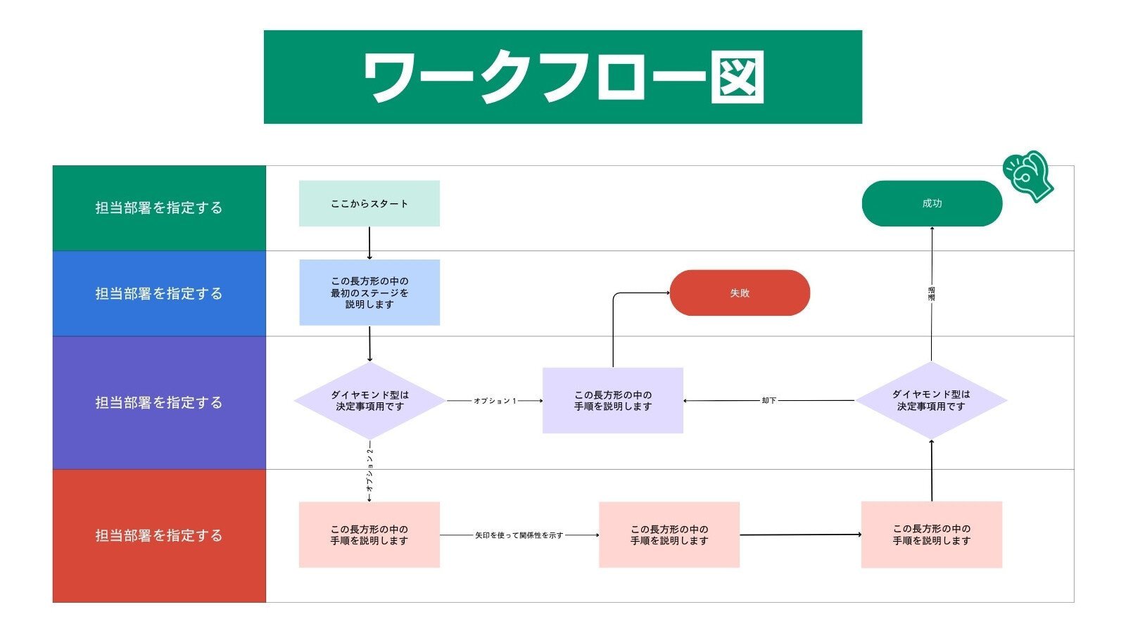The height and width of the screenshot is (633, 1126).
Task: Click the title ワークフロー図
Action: [562, 77]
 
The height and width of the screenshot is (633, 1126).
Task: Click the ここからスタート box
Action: [369, 203]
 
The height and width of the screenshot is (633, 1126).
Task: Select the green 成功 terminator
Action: [931, 203]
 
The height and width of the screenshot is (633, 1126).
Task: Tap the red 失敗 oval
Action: [739, 293]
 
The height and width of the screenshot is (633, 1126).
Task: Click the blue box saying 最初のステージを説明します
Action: [369, 293]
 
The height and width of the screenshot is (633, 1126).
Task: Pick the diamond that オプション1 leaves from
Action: [369, 400]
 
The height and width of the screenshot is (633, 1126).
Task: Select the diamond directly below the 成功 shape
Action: [930, 400]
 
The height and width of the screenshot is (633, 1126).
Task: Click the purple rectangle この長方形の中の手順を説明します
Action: [612, 400]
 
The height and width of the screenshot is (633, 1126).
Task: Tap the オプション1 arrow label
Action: [495, 401]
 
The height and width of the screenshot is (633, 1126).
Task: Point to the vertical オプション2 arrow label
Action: [369, 468]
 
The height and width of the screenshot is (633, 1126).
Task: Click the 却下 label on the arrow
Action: [768, 401]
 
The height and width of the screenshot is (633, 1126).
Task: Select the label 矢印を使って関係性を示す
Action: [519, 535]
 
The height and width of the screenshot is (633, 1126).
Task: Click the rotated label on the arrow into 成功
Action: [931, 294]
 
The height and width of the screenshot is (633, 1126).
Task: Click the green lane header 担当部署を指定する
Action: [159, 208]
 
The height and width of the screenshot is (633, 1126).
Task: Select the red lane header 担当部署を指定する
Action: [159, 535]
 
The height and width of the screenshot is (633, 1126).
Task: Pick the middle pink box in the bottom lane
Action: [669, 535]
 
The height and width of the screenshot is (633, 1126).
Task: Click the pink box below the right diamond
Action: [931, 535]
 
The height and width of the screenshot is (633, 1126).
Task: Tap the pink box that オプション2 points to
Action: [369, 535]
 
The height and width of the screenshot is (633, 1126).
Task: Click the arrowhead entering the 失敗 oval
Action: [666, 293]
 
